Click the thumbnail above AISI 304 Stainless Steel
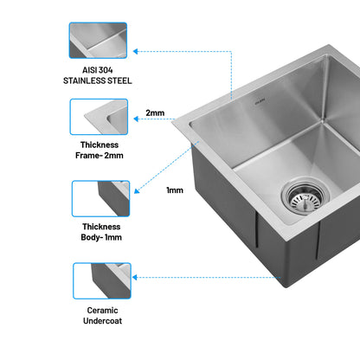tap(98, 41)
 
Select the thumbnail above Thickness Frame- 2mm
tap(99, 117)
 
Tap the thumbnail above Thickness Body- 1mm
tap(100, 199)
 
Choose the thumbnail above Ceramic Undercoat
tap(102, 280)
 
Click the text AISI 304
tap(98, 70)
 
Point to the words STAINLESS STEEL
tap(98, 80)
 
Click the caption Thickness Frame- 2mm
tap(100, 150)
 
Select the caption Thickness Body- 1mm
tap(101, 232)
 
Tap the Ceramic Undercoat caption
tap(102, 316)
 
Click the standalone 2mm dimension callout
tap(155, 112)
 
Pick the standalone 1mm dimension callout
tap(175, 190)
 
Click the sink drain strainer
tap(305, 197)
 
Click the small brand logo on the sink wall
tap(260, 102)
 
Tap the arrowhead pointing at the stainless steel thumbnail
tap(135, 52)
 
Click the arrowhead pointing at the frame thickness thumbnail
tap(136, 119)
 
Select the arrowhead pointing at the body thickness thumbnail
tap(137, 191)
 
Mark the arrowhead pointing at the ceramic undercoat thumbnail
tap(134, 278)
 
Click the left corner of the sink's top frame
tap(172, 122)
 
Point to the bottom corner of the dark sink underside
tap(286, 287)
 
